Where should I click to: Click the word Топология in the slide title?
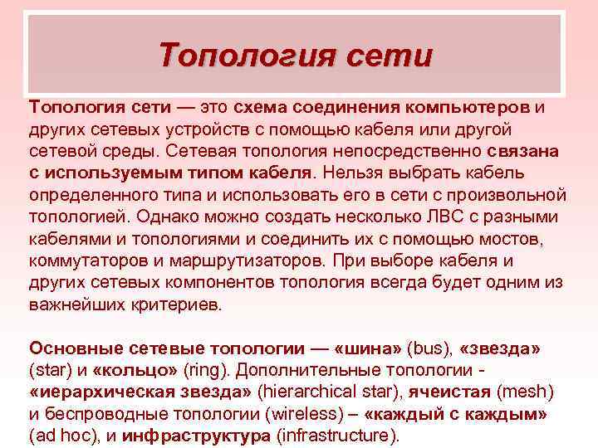(x=243, y=56)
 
